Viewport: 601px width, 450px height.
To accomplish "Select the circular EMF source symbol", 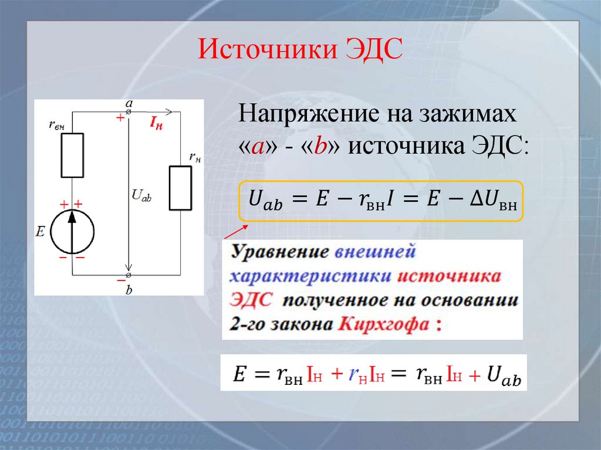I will (x=72, y=232).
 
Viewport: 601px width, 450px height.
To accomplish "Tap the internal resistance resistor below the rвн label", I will (x=72, y=155).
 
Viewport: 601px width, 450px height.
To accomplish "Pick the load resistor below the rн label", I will (x=180, y=188).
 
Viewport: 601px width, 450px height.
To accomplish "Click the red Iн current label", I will (x=156, y=123).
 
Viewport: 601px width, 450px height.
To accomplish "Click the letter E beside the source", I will (x=40, y=232).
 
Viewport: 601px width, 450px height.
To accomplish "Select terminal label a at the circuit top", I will (x=129, y=103).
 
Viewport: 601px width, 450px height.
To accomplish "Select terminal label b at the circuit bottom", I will (x=129, y=290).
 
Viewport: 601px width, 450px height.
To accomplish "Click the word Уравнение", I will (x=279, y=253).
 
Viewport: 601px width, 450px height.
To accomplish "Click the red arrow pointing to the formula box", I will (x=235, y=232).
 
